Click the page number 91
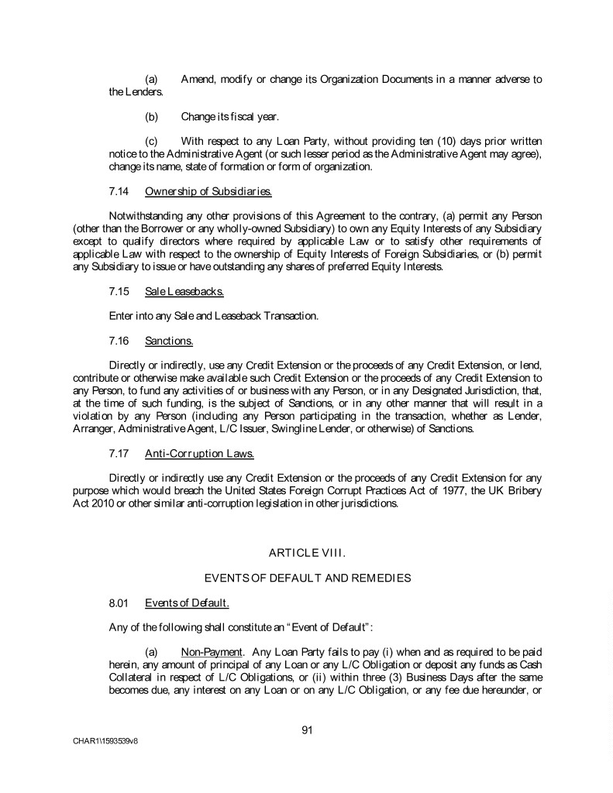[x=306, y=728]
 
